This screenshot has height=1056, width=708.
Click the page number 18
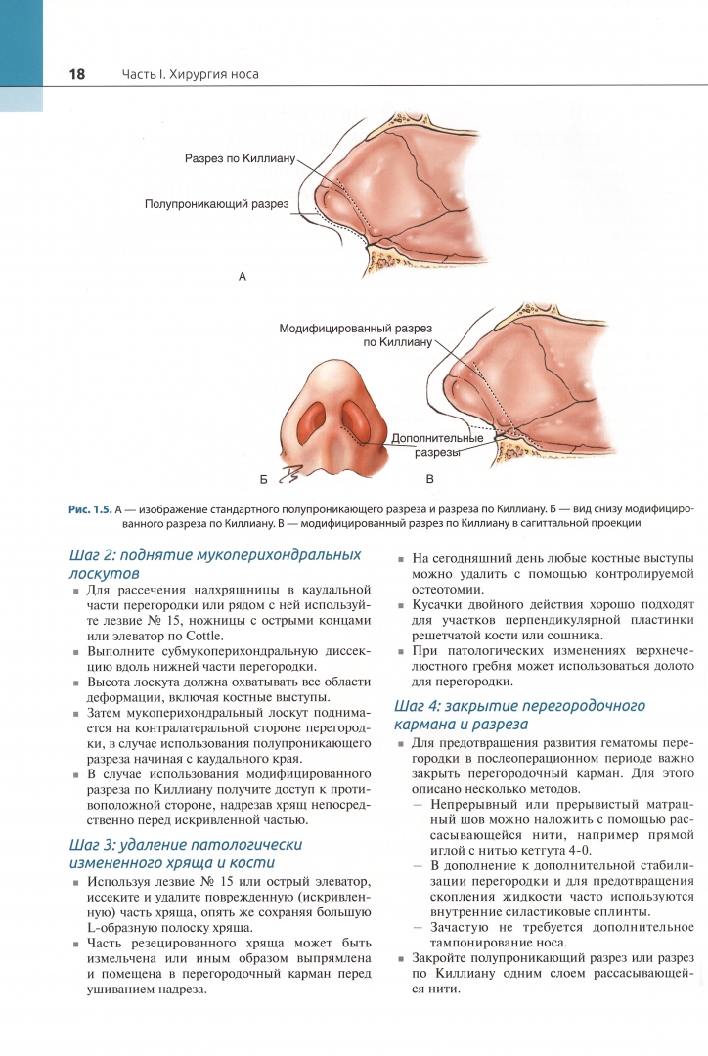pyautogui.click(x=76, y=74)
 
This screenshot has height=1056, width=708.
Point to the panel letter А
pyautogui.click(x=242, y=278)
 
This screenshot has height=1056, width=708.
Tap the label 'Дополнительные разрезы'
pyautogui.click(x=437, y=446)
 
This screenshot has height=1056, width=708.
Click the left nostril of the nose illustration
pyautogui.click(x=314, y=419)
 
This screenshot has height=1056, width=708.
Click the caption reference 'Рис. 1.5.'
pyautogui.click(x=90, y=509)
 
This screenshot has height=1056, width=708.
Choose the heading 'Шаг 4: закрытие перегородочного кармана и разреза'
pyautogui.click(x=518, y=714)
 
